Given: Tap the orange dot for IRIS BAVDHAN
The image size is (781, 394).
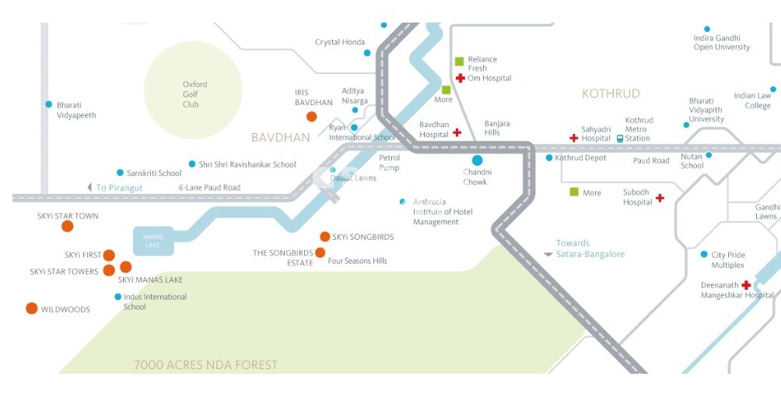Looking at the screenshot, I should pyautogui.click(x=311, y=117).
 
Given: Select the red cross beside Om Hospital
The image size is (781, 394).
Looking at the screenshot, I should pyautogui.click(x=460, y=78).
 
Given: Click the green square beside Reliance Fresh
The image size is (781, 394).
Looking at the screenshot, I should pyautogui.click(x=459, y=61).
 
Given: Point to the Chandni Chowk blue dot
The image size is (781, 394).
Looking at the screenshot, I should pyautogui.click(x=477, y=160).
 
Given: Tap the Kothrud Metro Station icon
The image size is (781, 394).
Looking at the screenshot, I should pyautogui.click(x=620, y=139).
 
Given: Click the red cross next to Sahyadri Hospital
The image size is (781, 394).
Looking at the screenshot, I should pyautogui.click(x=574, y=138).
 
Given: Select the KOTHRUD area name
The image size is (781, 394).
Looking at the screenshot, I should pyautogui.click(x=611, y=93).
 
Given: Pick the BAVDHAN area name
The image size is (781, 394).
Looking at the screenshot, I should pyautogui.click(x=280, y=138).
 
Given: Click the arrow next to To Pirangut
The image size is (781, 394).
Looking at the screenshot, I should pyautogui.click(x=89, y=188).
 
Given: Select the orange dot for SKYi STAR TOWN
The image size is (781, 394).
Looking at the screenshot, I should pyautogui.click(x=68, y=227).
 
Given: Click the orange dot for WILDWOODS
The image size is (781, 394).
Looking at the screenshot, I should pyautogui.click(x=31, y=308).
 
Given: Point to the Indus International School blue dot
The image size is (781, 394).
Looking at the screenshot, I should pyautogui.click(x=117, y=297).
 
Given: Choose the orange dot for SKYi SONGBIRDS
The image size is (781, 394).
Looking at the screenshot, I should pyautogui.click(x=324, y=237).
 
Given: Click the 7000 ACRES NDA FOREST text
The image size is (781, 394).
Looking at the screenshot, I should pyautogui.click(x=205, y=364).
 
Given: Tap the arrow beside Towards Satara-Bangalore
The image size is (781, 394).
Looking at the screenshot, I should pyautogui.click(x=548, y=255).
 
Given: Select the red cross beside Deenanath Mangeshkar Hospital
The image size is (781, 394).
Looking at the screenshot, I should pyautogui.click(x=746, y=285).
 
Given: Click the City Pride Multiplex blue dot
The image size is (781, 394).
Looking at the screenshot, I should pyautogui.click(x=704, y=255).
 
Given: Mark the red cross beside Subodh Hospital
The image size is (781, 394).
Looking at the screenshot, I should pyautogui.click(x=660, y=198).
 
